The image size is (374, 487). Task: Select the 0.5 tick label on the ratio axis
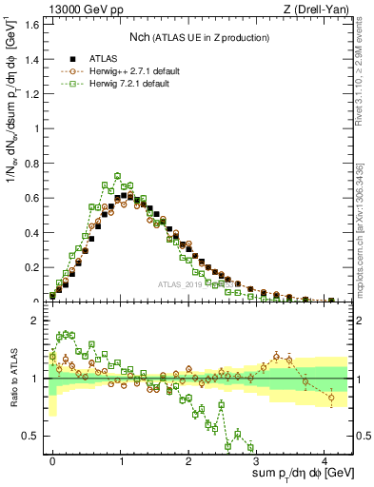click(x=30, y=437)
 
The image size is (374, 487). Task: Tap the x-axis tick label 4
click(x=326, y=459)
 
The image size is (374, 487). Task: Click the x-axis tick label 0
click(x=52, y=459)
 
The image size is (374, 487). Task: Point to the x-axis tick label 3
click(x=258, y=459)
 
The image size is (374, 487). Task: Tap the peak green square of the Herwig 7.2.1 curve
click(x=118, y=176)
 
